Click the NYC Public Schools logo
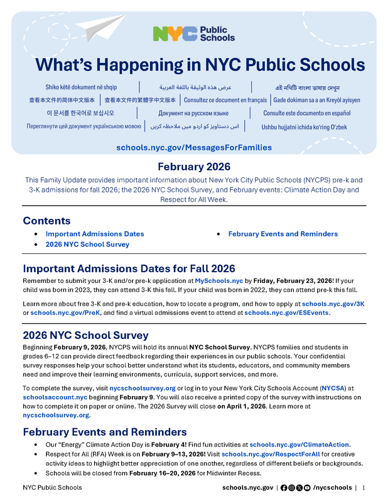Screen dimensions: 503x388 (193, 34)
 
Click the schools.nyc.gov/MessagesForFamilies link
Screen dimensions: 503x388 (194, 147)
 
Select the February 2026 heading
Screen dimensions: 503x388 (194, 167)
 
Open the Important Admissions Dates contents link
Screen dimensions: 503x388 (95, 234)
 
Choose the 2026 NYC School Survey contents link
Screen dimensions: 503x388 (87, 244)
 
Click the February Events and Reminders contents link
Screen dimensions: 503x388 (283, 234)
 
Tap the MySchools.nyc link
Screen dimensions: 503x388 (218, 280)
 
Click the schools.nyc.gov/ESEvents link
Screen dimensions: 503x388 (287, 312)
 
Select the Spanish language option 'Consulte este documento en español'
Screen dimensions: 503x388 (306, 113)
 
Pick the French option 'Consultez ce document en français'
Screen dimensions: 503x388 (225, 100)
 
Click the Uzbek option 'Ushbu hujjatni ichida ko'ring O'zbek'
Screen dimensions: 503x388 (304, 126)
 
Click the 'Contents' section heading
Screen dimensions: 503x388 (47, 221)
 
